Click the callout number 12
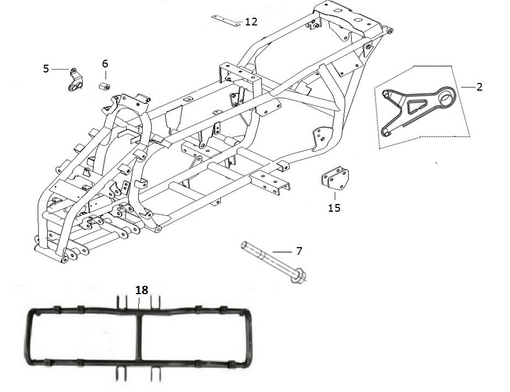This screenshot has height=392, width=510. click(251, 22)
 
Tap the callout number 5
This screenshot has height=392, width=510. click(46, 69)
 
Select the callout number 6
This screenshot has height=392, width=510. click(105, 64)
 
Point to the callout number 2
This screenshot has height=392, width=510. click(480, 87)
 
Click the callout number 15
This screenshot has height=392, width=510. click(334, 208)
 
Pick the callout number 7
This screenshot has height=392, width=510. click(299, 251)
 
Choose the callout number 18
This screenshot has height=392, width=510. click(142, 290)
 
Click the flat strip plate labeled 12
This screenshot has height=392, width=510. click(226, 20)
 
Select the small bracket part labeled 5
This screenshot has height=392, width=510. click(76, 80)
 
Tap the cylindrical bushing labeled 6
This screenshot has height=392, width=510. click(105, 86)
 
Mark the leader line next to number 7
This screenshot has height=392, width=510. click(282, 252)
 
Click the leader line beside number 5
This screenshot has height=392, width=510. click(60, 69)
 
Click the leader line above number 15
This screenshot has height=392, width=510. click(335, 196)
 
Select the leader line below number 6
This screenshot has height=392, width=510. click(106, 75)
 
